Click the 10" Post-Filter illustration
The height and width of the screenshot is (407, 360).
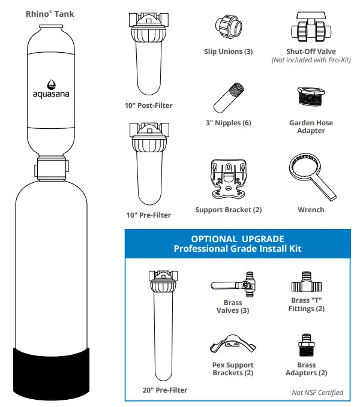pyautogui.click(x=148, y=54)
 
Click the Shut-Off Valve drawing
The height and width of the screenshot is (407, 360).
pyautogui.click(x=310, y=28)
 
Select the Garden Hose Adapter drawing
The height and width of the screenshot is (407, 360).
pyautogui.click(x=310, y=99)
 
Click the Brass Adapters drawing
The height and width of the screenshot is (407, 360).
pyautogui.click(x=307, y=348)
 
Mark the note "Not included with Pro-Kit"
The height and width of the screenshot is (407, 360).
pyautogui.click(x=310, y=60)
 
